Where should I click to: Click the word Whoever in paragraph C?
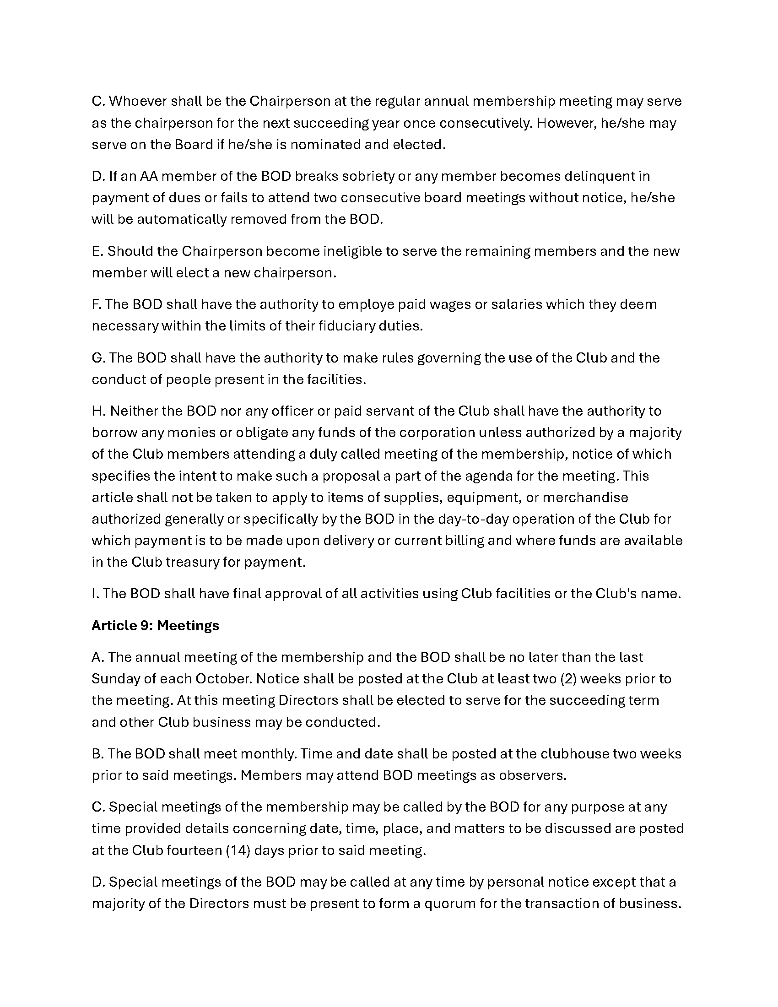[137, 101]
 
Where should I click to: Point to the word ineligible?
[353, 251]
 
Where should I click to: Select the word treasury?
[196, 562]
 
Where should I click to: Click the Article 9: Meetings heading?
[155, 626]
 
